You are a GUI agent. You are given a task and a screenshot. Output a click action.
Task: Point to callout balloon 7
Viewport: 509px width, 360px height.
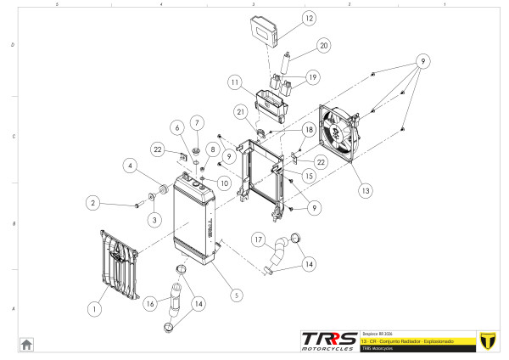click(196, 122)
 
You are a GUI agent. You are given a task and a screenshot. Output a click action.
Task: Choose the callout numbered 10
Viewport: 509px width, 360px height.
click(223, 183)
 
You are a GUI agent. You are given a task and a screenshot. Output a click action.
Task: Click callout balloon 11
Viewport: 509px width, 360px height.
click(235, 82)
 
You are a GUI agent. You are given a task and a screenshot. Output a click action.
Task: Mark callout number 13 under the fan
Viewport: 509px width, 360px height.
click(366, 191)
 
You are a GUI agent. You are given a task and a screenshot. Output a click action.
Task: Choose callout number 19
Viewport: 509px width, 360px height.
click(312, 77)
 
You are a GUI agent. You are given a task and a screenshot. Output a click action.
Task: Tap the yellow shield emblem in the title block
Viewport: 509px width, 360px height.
click(487, 339)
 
